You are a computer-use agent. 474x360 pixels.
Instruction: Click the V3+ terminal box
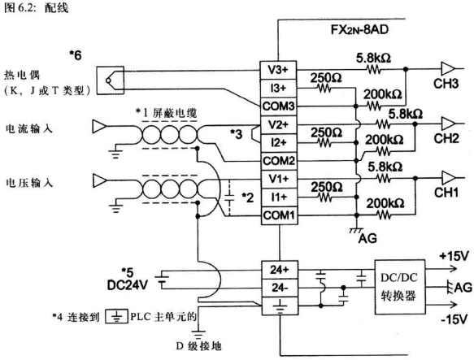point(278,68)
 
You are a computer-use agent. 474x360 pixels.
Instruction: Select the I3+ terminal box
point(278,86)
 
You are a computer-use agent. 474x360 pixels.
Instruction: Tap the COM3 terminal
point(278,105)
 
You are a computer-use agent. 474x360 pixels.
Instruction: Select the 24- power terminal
point(278,288)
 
